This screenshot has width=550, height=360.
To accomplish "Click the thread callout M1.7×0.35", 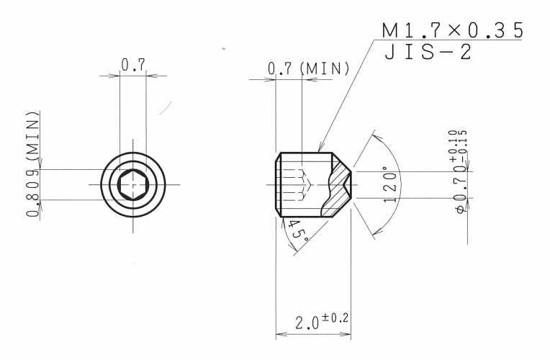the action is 452,30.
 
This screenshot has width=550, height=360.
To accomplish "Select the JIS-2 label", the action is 428,53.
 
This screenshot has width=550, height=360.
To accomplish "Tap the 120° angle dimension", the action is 390,184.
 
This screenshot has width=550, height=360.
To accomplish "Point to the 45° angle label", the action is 297,230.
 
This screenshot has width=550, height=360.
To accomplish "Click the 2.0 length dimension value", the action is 307,323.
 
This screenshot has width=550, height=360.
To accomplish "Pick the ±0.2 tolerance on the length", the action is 335,318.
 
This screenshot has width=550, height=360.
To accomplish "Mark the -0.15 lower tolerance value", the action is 463,145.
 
